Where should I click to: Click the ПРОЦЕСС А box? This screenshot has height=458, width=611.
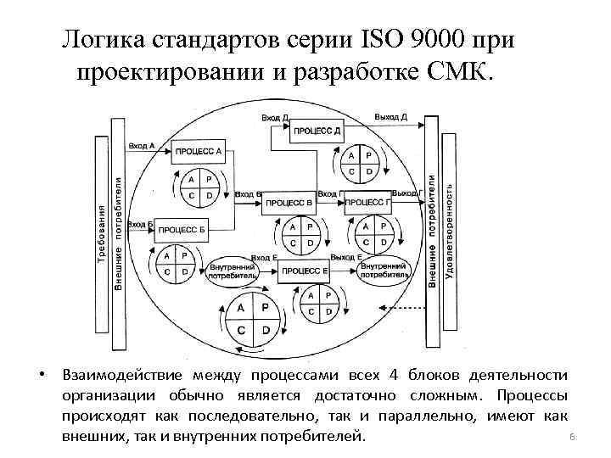[x=199, y=153]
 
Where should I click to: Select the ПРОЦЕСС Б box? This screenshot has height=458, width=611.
[x=182, y=229]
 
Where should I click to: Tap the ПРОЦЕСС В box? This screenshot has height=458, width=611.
[x=289, y=204]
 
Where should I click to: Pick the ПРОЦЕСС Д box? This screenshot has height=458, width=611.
[x=317, y=131]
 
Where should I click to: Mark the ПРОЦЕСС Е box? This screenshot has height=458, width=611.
[x=304, y=271]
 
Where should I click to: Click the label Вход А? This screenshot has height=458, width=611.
[x=141, y=146]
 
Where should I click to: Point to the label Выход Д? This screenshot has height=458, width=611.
[x=390, y=116]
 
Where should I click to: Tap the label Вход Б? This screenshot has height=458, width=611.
[x=141, y=224]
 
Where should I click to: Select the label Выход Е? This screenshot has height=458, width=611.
[x=346, y=257]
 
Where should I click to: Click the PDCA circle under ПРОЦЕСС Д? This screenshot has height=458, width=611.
[x=359, y=164]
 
